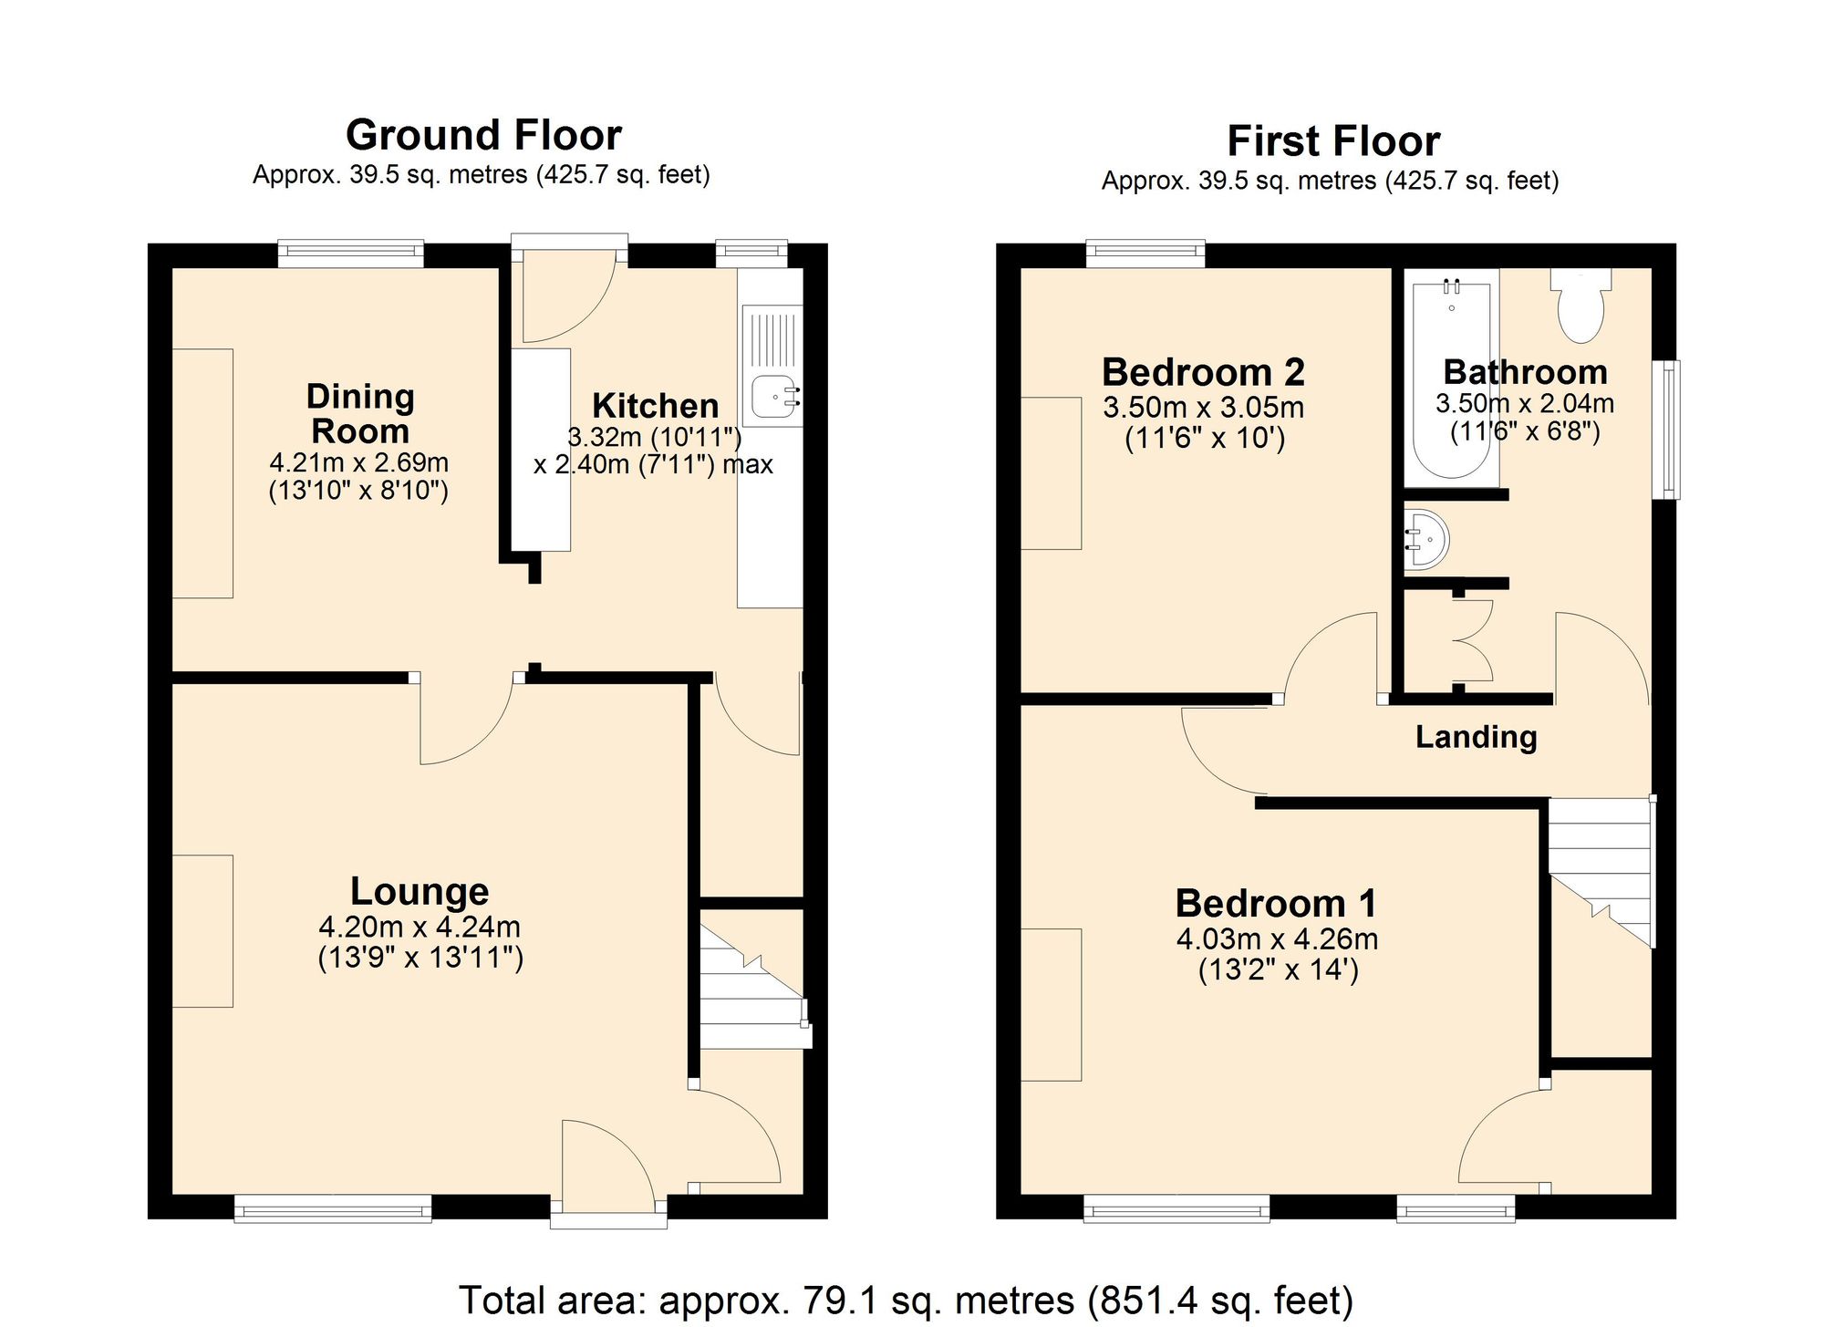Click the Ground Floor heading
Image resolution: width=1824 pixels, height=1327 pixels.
tap(483, 136)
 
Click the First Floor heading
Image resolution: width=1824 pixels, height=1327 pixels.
tap(1332, 142)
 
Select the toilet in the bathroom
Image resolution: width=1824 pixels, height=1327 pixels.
tap(1580, 306)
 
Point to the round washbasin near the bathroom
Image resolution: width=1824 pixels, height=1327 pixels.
tap(1426, 540)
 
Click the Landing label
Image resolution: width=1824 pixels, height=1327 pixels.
tap(1476, 737)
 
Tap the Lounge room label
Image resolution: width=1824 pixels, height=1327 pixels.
tap(420, 891)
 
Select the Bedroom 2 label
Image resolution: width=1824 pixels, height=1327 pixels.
tap(1203, 372)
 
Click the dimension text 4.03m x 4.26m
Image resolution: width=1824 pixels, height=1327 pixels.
tap(1277, 938)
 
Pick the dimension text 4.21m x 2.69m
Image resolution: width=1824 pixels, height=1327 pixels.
tap(358, 462)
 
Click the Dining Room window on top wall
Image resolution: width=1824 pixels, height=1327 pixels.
tap(351, 253)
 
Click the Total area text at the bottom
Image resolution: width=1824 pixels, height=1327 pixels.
tap(905, 1300)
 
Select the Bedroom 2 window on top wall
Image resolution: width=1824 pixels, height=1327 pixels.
tap(1145, 253)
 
